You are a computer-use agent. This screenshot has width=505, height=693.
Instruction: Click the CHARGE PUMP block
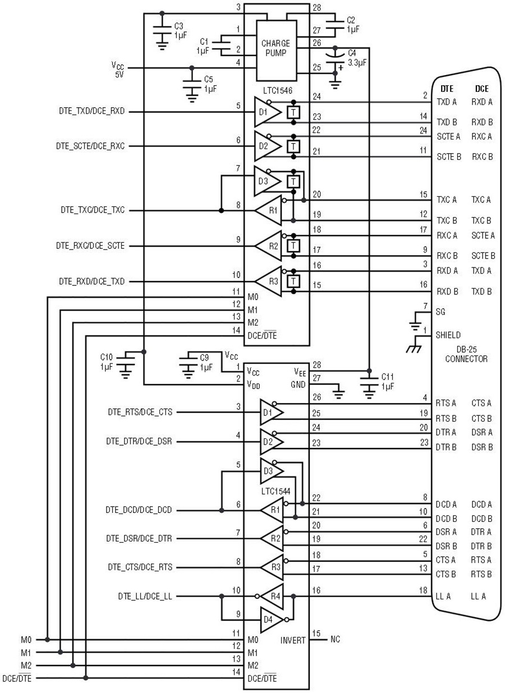[276, 50]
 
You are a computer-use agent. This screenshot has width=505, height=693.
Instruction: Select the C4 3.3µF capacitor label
[357, 58]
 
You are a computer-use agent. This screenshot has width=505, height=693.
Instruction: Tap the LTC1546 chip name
[277, 91]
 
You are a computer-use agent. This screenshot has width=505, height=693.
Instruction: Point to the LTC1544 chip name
[276, 491]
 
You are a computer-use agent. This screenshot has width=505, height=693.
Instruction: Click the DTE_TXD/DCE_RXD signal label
[92, 111]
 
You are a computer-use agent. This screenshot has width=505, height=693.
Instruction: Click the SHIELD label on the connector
[448, 335]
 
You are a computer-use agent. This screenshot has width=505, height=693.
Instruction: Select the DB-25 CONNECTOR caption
[466, 354]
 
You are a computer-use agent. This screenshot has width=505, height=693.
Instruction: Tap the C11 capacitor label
[387, 381]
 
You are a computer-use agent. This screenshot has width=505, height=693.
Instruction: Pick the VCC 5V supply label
[118, 70]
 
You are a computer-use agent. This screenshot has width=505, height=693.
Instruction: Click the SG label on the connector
[440, 312]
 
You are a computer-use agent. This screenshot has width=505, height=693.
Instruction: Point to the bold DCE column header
[482, 89]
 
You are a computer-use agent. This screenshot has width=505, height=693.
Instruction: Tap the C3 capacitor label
[180, 30]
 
